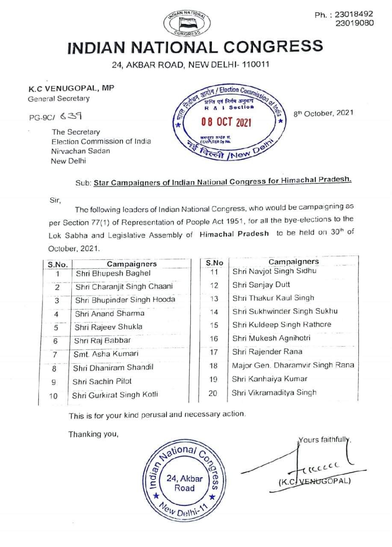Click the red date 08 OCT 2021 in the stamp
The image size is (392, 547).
227,122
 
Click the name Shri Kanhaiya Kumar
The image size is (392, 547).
269,379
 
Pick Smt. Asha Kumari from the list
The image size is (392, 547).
106,354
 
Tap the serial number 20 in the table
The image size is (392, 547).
213,393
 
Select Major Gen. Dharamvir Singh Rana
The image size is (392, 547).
293,365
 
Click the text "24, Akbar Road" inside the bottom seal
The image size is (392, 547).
184,482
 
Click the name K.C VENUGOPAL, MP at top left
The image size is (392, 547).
71,89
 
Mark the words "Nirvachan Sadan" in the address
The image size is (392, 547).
80,151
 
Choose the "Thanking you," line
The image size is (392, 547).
93,434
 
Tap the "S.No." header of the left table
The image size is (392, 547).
58,264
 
